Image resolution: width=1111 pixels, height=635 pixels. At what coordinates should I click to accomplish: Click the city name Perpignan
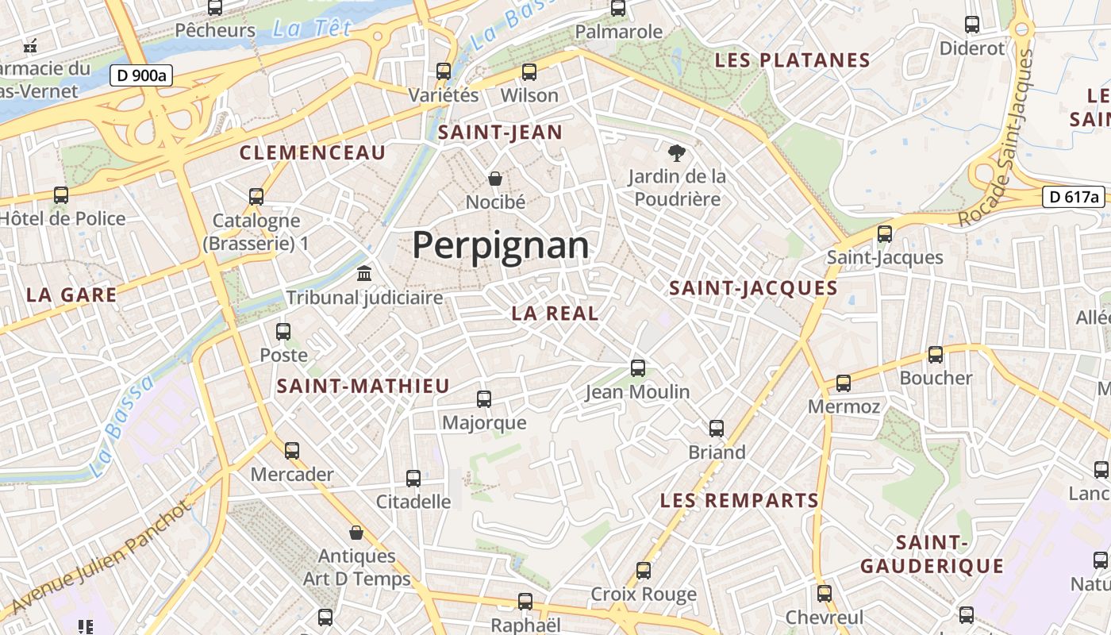[x=501, y=245]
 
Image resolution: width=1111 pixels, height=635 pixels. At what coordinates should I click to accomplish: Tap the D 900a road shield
[x=141, y=75]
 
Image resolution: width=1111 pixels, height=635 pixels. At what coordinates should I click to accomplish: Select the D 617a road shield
[x=1074, y=197]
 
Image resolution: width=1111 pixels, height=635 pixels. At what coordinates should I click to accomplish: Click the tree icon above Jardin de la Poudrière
[x=676, y=152]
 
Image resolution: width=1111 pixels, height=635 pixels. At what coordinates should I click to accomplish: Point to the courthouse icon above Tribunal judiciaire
[x=364, y=274]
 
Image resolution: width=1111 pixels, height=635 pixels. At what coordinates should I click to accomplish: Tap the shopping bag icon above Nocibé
[x=495, y=179]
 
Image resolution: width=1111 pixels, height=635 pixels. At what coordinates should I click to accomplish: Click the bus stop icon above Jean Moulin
[x=638, y=368]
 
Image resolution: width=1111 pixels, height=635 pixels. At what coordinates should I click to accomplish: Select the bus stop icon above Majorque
[x=484, y=399]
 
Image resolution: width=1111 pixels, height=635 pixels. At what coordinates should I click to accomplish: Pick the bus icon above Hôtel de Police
[x=61, y=195]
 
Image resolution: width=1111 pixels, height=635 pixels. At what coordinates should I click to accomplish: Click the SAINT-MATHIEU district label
[x=363, y=387]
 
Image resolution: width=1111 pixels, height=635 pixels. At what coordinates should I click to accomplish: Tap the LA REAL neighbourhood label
[x=555, y=314]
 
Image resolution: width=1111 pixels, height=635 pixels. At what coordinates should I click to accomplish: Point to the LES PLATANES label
[x=793, y=60]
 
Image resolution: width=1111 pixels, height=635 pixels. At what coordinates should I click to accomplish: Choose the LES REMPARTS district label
[x=740, y=501]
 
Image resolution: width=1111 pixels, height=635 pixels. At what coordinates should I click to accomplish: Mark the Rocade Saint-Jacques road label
[x=998, y=139]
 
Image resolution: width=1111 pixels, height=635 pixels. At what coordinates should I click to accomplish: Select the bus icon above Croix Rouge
[x=644, y=571]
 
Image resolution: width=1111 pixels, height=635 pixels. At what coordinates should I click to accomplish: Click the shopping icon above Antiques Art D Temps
[x=356, y=532]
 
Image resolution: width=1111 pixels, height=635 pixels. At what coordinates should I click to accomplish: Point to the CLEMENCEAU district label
[x=313, y=152]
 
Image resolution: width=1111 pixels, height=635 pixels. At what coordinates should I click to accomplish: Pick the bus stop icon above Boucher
[x=936, y=355]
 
